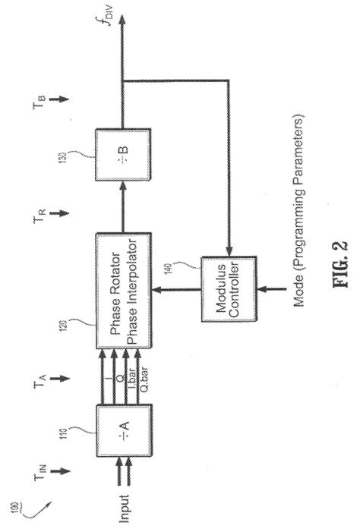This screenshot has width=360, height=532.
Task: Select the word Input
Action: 125,505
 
